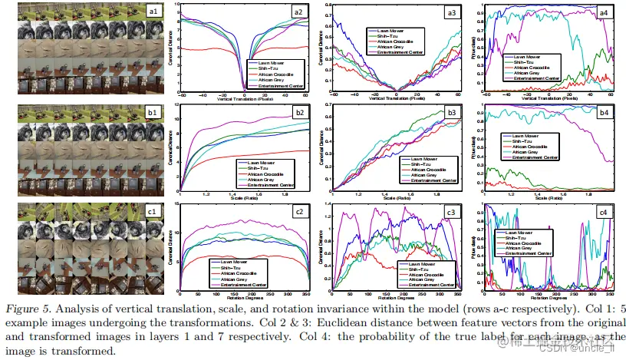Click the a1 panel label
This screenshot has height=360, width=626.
153,11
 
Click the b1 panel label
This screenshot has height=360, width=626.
153,112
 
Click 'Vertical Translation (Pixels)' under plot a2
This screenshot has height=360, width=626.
245,97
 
